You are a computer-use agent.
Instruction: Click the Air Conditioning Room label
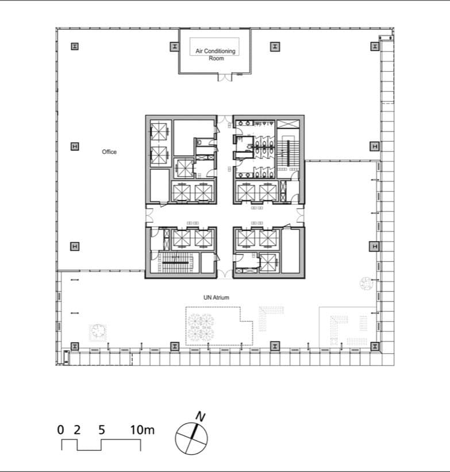(x=216, y=55)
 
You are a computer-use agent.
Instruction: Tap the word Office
(x=109, y=152)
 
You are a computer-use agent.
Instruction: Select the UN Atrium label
(x=216, y=297)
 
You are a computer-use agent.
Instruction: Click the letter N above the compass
(x=201, y=417)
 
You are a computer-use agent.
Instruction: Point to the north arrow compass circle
(x=191, y=438)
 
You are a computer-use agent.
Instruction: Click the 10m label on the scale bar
(x=142, y=430)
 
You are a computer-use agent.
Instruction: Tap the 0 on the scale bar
(x=60, y=430)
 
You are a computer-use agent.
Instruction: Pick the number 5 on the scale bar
(x=102, y=430)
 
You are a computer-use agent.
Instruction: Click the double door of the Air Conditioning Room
(x=225, y=77)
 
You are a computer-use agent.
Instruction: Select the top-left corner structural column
(x=75, y=47)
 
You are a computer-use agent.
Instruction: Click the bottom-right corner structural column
(x=375, y=346)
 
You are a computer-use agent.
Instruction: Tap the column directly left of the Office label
(x=75, y=146)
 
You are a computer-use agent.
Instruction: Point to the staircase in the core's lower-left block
(x=176, y=263)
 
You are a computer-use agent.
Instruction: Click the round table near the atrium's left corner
(x=98, y=331)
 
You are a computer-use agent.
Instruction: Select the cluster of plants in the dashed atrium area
(x=201, y=327)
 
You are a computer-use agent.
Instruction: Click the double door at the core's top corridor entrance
(x=225, y=119)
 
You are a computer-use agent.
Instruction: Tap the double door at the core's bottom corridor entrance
(x=225, y=274)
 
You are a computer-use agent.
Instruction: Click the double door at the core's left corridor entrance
(x=149, y=215)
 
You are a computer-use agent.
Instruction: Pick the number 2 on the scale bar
(x=77, y=430)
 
